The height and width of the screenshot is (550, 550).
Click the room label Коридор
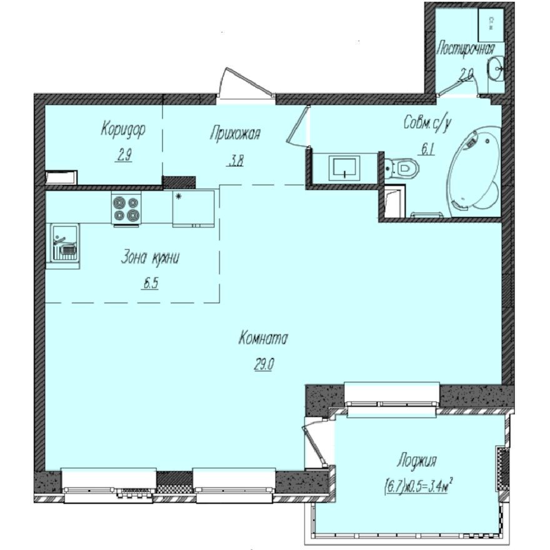tap(123, 130)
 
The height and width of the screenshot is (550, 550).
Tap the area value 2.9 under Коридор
tap(123, 156)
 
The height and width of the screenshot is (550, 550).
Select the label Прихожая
tap(235, 132)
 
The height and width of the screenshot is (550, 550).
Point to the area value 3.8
tap(235, 160)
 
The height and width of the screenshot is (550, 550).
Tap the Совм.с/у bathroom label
tap(427, 124)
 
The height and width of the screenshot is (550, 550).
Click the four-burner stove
tap(127, 207)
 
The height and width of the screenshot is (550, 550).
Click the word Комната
tap(262, 339)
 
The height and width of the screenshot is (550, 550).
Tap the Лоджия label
tap(416, 461)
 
